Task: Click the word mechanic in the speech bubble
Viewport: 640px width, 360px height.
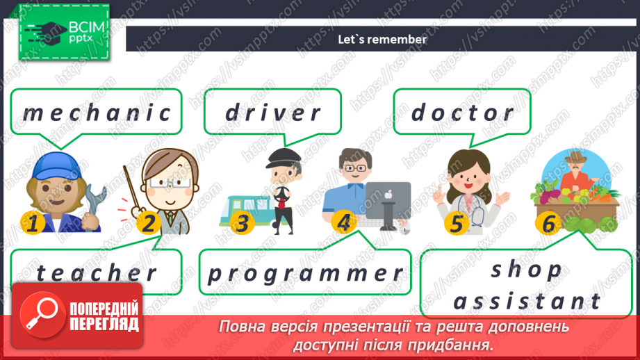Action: (97, 113)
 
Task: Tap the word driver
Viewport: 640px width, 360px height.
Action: (273, 113)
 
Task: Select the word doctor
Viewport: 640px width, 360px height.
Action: (463, 112)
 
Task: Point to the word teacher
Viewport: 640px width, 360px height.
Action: (97, 273)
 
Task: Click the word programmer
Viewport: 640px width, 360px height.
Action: (306, 273)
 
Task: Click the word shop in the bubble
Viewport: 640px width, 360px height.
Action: (526, 270)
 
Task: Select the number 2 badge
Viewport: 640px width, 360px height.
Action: (148, 223)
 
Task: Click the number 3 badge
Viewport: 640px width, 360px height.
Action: (241, 223)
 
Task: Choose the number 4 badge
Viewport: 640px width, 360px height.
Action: (343, 223)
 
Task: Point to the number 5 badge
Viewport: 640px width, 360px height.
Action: (456, 223)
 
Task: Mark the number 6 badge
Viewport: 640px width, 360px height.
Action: (549, 223)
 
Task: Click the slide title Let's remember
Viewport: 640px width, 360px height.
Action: (381, 40)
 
